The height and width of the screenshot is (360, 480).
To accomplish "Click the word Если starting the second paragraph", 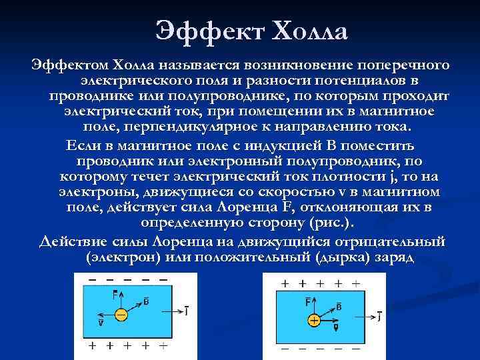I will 80,145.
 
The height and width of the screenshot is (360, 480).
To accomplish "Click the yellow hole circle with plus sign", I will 313,321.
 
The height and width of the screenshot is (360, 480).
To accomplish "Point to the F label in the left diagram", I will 117,293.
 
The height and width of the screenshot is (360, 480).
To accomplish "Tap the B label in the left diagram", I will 146,301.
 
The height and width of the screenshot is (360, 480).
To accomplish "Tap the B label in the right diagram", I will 339,307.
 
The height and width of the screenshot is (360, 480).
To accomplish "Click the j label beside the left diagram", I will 186,310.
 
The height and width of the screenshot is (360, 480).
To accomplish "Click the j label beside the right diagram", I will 379,317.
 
